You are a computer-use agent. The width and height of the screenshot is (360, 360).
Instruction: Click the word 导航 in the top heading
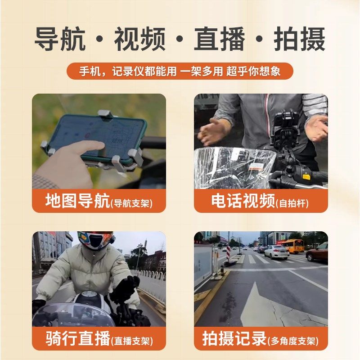tap(60, 40)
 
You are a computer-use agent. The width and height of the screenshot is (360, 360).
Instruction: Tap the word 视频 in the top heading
tap(139, 40)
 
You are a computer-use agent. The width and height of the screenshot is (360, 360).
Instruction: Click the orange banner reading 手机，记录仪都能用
tap(180, 72)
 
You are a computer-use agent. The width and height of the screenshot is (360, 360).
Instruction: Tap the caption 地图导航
tap(77, 201)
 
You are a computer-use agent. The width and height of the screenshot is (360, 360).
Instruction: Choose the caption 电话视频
tap(243, 201)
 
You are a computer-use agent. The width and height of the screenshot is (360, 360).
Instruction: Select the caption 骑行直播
tap(77, 338)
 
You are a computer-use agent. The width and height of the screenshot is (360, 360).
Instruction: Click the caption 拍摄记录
tap(234, 338)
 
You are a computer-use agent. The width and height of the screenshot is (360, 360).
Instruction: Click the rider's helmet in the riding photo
tap(94, 240)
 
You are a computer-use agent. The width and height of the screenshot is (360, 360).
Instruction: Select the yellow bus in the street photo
tap(292, 246)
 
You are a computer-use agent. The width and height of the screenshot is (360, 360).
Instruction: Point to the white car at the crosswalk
tap(276, 252)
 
